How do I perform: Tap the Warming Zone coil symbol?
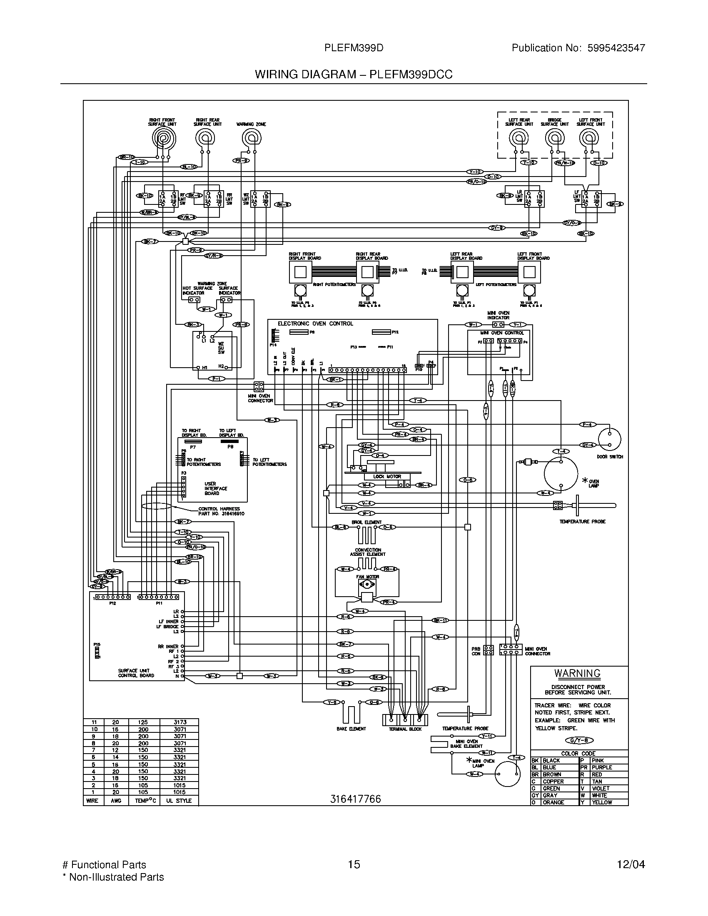(x=251, y=137)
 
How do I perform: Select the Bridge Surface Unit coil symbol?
(x=554, y=138)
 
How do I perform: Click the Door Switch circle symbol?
(x=609, y=439)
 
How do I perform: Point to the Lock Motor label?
(x=387, y=476)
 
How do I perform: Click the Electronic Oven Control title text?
(x=315, y=324)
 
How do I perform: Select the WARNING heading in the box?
(x=577, y=673)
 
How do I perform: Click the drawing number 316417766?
(x=355, y=799)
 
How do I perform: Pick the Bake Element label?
(x=351, y=729)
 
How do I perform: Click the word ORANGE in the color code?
(x=553, y=802)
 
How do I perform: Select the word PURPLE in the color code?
(x=602, y=767)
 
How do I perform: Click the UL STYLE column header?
(x=179, y=800)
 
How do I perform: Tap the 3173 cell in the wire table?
(x=179, y=722)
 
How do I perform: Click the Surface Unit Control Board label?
(x=136, y=673)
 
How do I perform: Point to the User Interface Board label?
(x=216, y=488)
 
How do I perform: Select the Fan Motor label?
(x=367, y=577)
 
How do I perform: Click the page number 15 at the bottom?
(x=354, y=864)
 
